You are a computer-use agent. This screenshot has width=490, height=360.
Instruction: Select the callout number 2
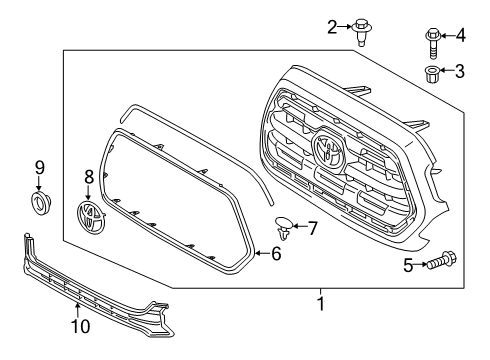point(332,27)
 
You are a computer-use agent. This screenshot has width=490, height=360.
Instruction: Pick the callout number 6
point(277,254)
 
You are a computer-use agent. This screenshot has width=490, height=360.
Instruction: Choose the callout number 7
point(312,229)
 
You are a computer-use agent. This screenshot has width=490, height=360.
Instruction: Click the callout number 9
point(40,166)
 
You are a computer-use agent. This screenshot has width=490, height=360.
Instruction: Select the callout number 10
point(78,325)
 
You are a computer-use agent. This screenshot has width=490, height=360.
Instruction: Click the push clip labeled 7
point(285,228)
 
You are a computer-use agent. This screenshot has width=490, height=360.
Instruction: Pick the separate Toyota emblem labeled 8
point(91,217)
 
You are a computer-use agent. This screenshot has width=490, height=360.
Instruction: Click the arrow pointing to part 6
point(261,254)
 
